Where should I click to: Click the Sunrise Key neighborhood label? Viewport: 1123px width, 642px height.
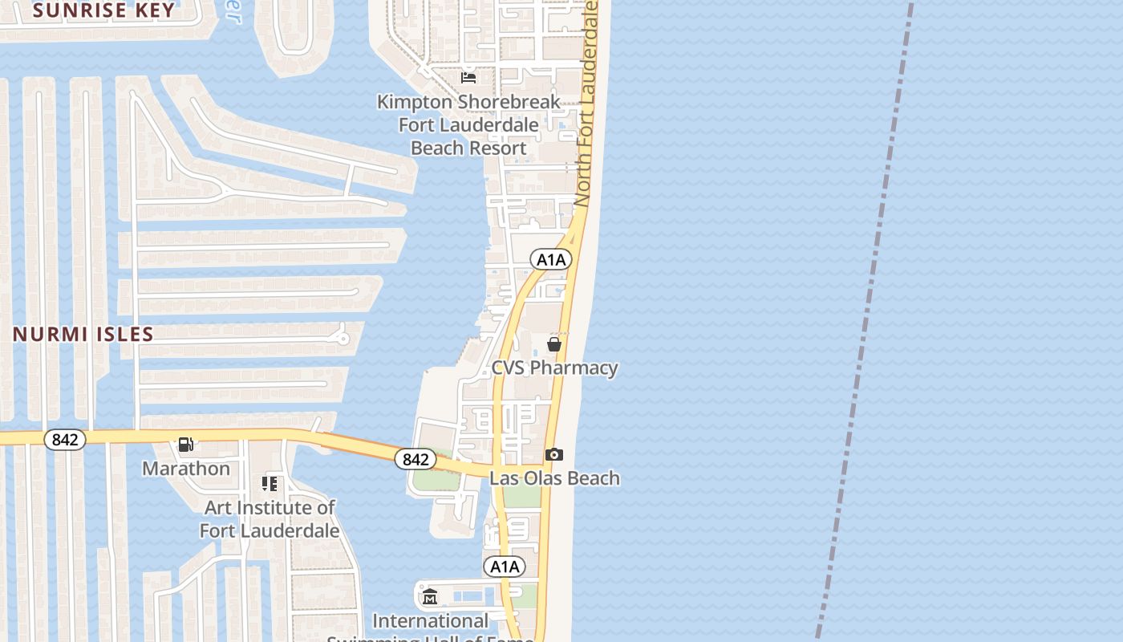pos(104,10)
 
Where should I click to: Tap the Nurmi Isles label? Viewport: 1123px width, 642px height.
pos(83,334)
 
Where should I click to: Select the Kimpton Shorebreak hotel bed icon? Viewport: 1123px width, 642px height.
pos(468,77)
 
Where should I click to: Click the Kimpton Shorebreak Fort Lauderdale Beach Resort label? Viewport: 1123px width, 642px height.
pos(469,125)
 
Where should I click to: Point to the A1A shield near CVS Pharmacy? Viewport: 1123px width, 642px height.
pos(551,259)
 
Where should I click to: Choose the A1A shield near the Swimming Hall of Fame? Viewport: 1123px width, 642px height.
pos(505,567)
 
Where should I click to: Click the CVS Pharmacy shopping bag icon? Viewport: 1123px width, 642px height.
pos(553,344)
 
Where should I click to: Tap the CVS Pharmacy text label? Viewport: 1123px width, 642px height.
pos(554,368)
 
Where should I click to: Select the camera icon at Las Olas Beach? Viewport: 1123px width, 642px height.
pos(553,455)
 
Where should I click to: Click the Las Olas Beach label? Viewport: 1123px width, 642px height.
pos(554,478)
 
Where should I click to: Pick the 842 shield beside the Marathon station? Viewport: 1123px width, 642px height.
pos(64,440)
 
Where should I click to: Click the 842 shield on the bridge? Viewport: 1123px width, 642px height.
pos(416,459)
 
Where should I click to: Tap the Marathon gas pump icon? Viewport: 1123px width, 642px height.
pos(185,444)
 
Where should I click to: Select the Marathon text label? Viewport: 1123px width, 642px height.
pos(186,468)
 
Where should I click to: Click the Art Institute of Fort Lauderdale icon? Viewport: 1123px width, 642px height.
pos(270,483)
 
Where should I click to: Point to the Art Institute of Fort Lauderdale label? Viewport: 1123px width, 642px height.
pos(270,518)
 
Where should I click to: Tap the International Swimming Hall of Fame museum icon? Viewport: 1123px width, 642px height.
pos(430,596)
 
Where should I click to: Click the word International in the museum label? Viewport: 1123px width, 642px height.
pos(430,620)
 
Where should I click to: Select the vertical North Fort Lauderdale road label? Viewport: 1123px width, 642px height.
pos(587,100)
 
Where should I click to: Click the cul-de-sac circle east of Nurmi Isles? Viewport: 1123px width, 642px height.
pos(343,338)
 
